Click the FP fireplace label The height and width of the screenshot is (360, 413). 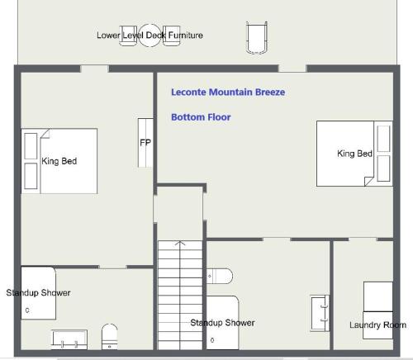pos(145,143)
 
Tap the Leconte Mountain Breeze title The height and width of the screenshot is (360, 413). pos(228,92)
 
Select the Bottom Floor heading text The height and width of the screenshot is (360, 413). pos(201,117)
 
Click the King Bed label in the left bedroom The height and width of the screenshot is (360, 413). pos(59,161)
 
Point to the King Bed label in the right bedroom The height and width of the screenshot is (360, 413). pos(354,154)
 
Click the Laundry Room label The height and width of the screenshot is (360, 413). pos(377,324)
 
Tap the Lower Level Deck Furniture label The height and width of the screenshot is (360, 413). pos(150,35)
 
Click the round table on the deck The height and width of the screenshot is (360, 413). pos(150,36)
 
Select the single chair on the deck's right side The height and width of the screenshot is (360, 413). pos(257,37)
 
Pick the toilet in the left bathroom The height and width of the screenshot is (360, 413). pos(110,336)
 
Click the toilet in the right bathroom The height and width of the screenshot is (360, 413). pos(220,276)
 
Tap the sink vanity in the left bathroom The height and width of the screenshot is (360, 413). pos(69,339)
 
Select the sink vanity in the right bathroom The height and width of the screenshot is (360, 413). pos(320,313)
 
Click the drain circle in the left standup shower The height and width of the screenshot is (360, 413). pos(27,310)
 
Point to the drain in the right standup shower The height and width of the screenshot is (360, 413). pos(212,340)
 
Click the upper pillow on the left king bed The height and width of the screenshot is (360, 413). pos(31,146)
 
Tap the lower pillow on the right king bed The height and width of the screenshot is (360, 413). pos(383,168)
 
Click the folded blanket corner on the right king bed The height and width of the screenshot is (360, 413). pos(369,182)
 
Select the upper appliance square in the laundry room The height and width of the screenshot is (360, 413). pos(378,296)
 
